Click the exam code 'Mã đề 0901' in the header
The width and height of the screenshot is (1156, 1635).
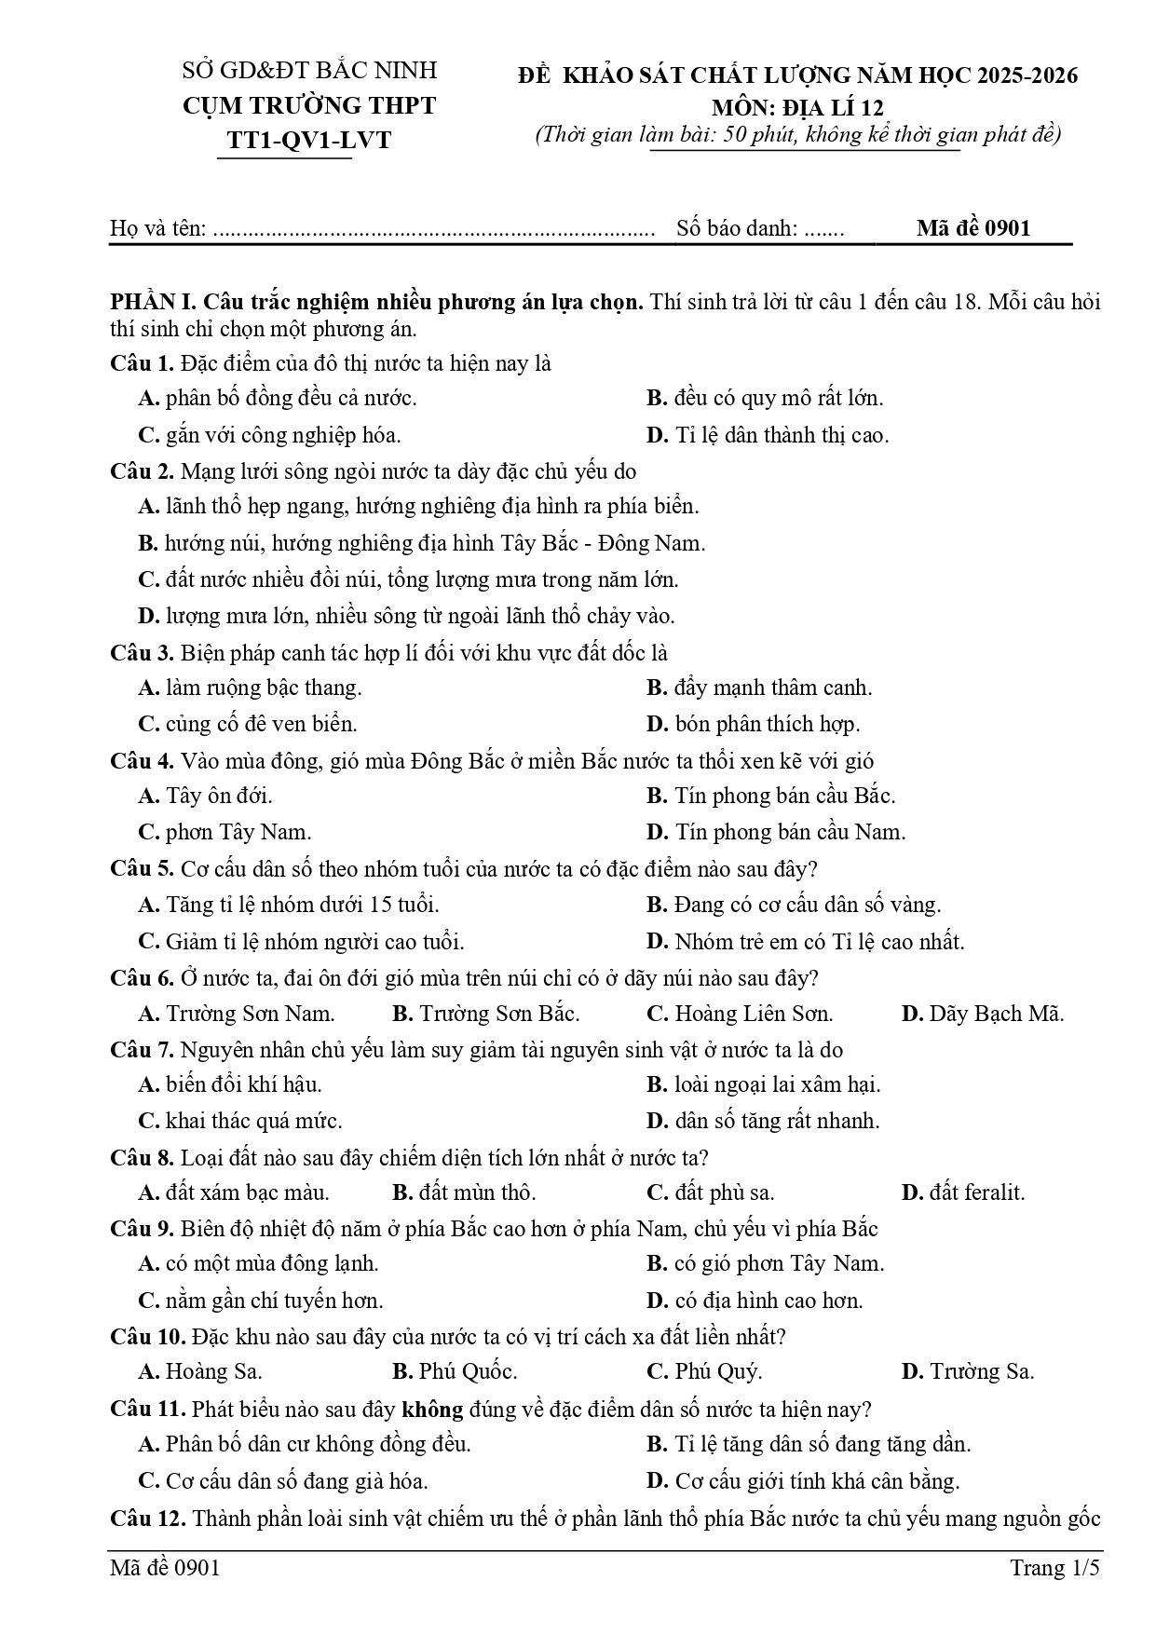tap(972, 228)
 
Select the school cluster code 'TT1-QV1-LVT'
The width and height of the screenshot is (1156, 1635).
tap(309, 140)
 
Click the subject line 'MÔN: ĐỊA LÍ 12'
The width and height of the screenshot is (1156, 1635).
tap(797, 107)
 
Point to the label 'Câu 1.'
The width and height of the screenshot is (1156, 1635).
tap(142, 363)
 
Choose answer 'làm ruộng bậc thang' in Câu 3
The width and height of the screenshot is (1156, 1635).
tap(263, 688)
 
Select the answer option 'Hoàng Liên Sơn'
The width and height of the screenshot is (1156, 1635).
tap(753, 1014)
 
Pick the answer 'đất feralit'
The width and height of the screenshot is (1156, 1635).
tap(976, 1192)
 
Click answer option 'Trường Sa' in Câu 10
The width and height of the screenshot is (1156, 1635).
tap(981, 1371)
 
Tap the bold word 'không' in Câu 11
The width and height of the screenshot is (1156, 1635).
tap(431, 1410)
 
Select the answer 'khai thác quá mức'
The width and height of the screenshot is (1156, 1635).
tap(253, 1121)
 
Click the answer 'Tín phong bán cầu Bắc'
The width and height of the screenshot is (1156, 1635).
tap(784, 797)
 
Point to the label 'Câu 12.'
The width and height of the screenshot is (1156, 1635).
tap(148, 1519)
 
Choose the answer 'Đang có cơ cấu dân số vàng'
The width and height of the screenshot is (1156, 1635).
tap(807, 905)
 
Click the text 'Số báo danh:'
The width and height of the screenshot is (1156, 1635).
tap(737, 228)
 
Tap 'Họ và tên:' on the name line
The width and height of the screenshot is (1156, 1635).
tap(158, 228)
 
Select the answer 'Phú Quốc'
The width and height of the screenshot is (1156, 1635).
tap(467, 1371)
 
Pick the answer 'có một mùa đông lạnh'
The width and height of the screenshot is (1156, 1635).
tap(271, 1264)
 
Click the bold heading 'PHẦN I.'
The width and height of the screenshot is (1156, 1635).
tap(153, 303)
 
